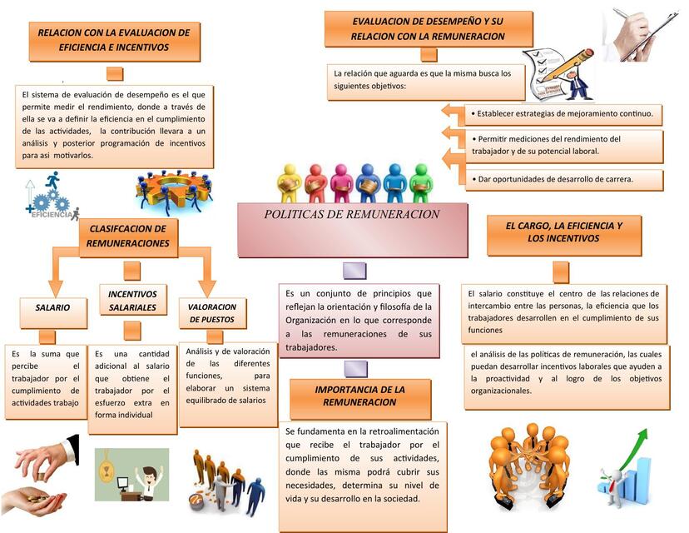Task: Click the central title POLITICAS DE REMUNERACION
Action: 351,214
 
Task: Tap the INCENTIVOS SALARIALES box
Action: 132,300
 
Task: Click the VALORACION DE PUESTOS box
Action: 212,313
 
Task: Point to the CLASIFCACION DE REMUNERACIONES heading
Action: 128,237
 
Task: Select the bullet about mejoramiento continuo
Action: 563,114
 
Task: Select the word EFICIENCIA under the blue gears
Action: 52,215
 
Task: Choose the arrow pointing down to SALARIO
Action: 56,271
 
